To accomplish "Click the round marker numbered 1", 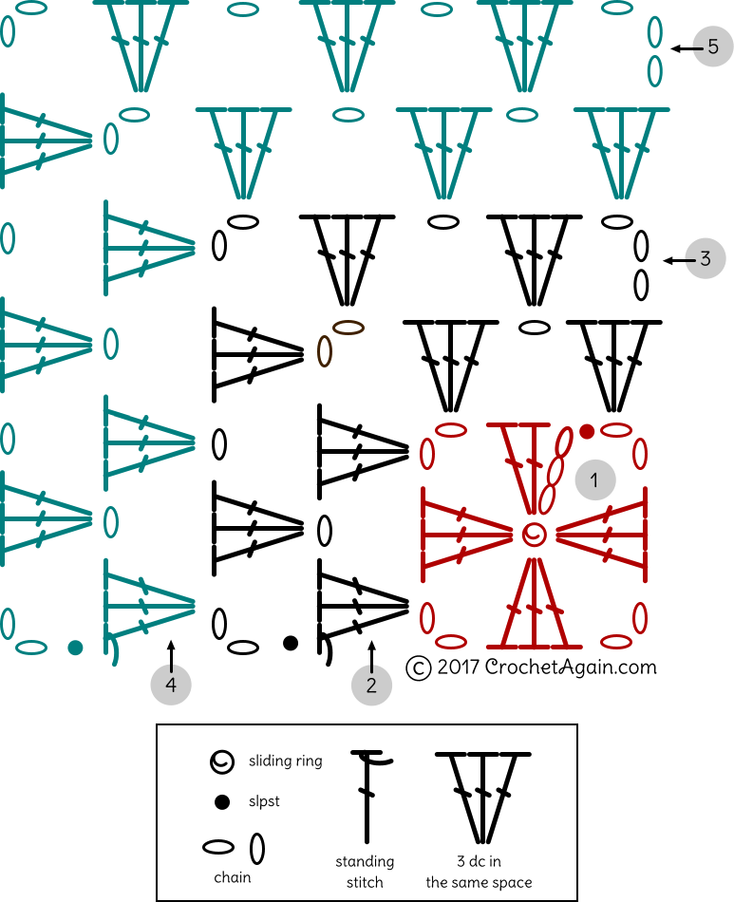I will [594, 480].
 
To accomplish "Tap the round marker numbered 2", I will [371, 685].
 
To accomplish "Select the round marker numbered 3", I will [705, 258].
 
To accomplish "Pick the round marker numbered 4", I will [171, 685].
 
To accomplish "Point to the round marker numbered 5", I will [712, 46].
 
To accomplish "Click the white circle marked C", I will [418, 668].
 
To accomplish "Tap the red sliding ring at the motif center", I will [534, 534].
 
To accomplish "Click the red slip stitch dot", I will [587, 432].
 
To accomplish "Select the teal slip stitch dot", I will [75, 648].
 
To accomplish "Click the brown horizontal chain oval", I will [348, 328].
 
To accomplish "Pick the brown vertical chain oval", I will [324, 351].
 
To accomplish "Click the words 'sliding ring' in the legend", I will [285, 761].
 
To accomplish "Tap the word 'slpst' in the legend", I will [264, 801].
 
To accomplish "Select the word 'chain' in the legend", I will [233, 877].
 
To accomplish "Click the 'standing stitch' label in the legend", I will [365, 872].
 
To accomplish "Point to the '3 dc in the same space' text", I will [479, 872].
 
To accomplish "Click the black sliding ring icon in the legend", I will [222, 761].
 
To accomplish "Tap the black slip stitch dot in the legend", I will [222, 802].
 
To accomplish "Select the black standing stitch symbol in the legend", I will [367, 798].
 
